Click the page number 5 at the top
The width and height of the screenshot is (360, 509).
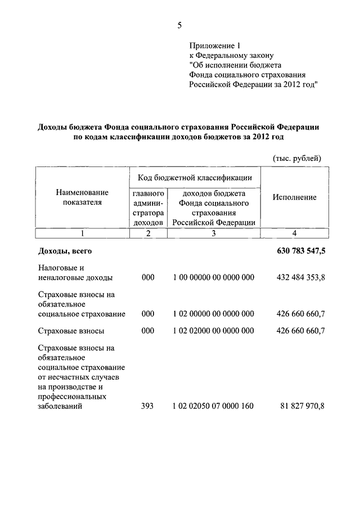[x=179, y=25]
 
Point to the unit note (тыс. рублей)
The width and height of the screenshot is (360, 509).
[x=296, y=159]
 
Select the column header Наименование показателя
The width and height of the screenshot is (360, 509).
[x=82, y=197]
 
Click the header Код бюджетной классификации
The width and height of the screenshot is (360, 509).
[x=195, y=178]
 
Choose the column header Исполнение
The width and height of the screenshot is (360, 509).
[x=294, y=197]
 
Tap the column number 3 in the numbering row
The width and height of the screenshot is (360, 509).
[x=214, y=233]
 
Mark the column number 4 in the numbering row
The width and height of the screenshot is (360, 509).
[x=294, y=233]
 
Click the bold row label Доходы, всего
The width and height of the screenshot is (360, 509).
[x=65, y=251]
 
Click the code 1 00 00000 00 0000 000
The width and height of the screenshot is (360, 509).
[x=214, y=278]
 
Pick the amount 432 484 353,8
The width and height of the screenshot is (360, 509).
[x=301, y=278]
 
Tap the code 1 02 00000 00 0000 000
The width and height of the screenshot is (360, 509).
[x=214, y=314]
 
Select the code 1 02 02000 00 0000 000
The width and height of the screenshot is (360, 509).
[x=214, y=331]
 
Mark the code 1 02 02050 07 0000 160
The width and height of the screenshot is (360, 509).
[x=214, y=406]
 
